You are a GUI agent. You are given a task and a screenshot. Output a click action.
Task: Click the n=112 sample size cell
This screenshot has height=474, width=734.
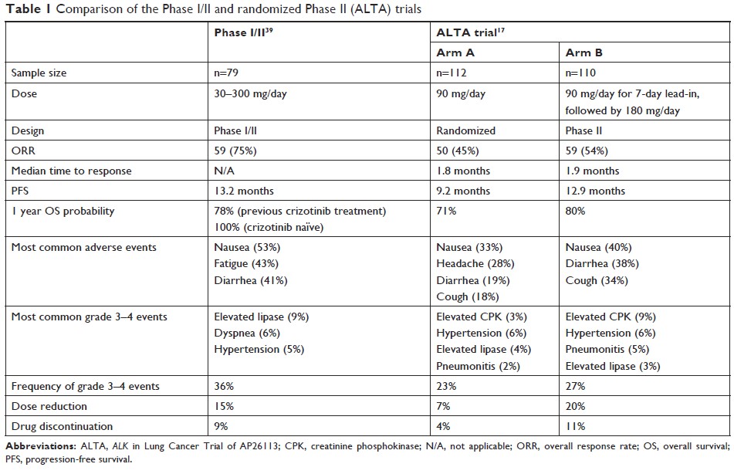[x=452, y=73]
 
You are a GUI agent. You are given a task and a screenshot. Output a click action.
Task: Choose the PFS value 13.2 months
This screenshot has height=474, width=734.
[x=244, y=191]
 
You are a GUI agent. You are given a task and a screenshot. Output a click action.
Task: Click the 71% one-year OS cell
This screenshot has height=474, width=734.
[x=445, y=211]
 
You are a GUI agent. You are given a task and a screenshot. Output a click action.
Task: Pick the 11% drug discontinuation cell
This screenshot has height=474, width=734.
[x=575, y=426]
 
